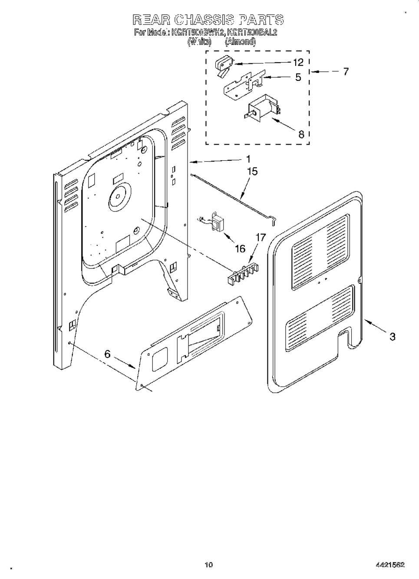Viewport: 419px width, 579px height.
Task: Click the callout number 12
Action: (299, 62)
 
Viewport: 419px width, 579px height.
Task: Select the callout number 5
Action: (298, 78)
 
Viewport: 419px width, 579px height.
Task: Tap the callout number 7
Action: (346, 71)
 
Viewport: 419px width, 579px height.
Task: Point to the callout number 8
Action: (301, 134)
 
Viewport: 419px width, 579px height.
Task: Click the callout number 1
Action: (248, 159)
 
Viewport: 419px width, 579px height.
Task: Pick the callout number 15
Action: (252, 172)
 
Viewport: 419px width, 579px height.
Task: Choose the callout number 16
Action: (240, 248)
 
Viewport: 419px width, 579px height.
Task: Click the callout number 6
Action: (107, 354)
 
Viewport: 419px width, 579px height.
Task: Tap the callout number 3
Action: (392, 336)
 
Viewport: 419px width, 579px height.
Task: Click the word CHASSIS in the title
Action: (203, 20)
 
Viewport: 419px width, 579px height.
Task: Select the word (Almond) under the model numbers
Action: (240, 42)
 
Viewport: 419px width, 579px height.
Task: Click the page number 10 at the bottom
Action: (209, 565)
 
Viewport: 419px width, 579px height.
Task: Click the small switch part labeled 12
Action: (223, 65)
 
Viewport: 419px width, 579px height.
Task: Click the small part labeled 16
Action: (215, 222)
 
